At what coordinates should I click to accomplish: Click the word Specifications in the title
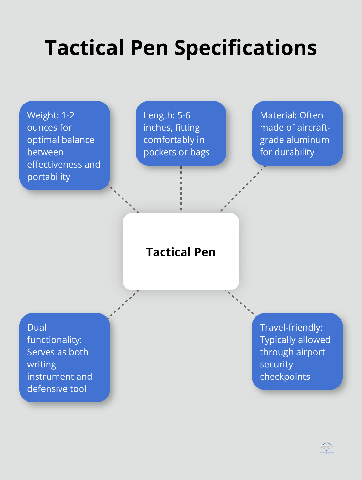click(246, 48)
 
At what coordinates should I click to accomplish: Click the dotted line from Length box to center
click(181, 189)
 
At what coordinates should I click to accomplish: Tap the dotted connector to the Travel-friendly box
click(241, 303)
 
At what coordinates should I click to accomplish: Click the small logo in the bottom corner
click(326, 448)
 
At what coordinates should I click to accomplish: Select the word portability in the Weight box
click(49, 177)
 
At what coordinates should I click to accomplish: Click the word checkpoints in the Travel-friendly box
click(285, 377)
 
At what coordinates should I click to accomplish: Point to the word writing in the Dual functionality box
click(42, 365)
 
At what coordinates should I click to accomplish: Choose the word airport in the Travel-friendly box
click(310, 352)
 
